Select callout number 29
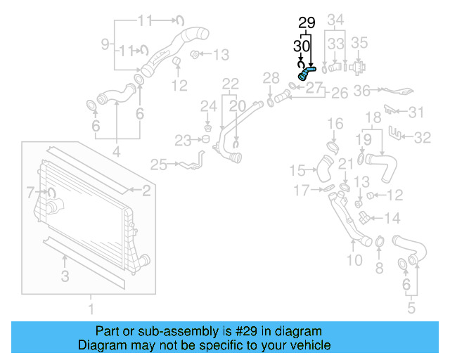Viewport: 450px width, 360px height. (x=306, y=23)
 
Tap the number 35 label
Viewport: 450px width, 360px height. (x=359, y=43)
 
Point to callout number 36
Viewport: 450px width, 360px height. (x=361, y=90)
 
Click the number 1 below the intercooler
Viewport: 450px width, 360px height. (x=90, y=308)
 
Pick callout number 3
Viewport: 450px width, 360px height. (x=65, y=276)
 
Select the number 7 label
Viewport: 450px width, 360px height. (x=30, y=191)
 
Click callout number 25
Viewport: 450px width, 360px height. (x=158, y=165)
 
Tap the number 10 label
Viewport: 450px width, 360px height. (x=105, y=44)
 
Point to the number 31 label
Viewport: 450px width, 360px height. (x=417, y=112)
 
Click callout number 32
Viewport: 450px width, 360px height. (x=422, y=138)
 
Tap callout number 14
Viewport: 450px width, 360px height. (x=392, y=217)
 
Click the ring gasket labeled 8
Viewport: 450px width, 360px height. (x=379, y=243)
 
